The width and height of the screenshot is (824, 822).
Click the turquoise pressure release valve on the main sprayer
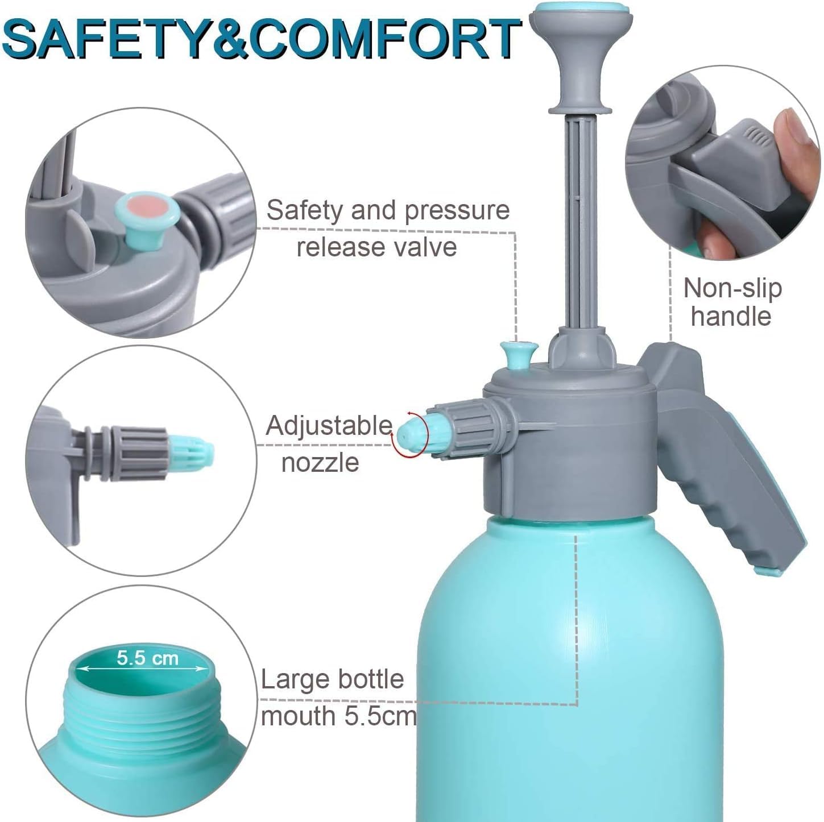coord(518,354)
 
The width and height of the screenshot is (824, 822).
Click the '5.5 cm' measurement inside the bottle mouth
coord(147,658)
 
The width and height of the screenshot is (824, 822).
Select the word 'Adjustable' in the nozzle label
coord(329,426)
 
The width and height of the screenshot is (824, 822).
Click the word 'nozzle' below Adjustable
coord(320,463)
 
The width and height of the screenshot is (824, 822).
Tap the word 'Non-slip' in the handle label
coord(732,289)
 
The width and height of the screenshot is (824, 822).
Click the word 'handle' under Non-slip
coord(731,316)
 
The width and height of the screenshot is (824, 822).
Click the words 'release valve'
coord(376,247)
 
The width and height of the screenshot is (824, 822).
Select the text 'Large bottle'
coord(332,679)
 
